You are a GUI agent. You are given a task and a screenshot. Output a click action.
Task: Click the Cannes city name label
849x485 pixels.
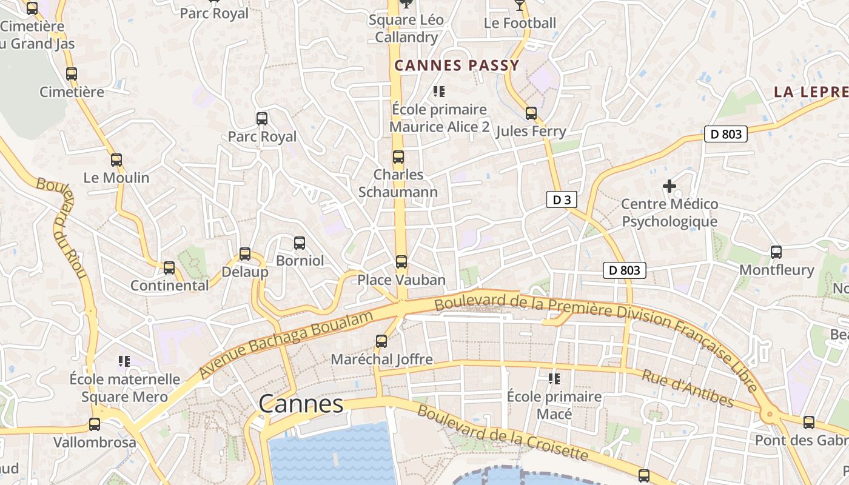pyautogui.click(x=301, y=404)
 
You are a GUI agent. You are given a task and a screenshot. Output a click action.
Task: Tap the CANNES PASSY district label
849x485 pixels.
pyautogui.click(x=457, y=65)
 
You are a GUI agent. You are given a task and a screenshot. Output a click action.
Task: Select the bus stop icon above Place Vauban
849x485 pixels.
pyautogui.click(x=401, y=262)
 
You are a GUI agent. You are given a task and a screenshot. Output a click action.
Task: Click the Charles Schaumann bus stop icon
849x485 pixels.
pyautogui.click(x=398, y=157)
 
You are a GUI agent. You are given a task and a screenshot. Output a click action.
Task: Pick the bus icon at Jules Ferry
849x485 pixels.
pyautogui.click(x=531, y=113)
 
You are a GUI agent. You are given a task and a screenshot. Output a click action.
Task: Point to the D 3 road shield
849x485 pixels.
pyautogui.click(x=562, y=199)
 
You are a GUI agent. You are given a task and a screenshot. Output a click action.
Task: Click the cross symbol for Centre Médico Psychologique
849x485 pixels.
pyautogui.click(x=669, y=186)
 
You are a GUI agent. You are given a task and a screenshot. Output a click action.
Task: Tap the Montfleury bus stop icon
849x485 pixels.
pyautogui.click(x=776, y=252)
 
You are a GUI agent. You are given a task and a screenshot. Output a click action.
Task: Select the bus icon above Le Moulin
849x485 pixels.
pyautogui.click(x=116, y=160)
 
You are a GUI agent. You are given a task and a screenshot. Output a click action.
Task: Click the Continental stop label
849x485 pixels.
pyautogui.click(x=170, y=285)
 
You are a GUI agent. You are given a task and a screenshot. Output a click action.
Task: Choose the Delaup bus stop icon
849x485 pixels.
pyautogui.click(x=244, y=254)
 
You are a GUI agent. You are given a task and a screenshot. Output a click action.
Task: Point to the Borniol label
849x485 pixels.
pyautogui.click(x=300, y=261)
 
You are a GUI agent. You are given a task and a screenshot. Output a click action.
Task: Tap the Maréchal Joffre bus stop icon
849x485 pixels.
pyautogui.click(x=381, y=341)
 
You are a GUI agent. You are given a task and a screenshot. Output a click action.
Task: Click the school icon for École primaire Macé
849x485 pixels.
pyautogui.click(x=554, y=379)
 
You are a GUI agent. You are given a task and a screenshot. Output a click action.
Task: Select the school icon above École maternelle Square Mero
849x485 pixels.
pyautogui.click(x=124, y=361)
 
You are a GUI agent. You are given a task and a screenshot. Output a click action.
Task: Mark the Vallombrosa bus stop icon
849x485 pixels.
pyautogui.click(x=95, y=424)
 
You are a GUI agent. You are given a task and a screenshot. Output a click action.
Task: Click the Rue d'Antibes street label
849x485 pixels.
pyautogui.click(x=688, y=389)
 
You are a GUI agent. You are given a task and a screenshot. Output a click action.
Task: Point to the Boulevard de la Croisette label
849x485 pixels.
pyautogui.click(x=503, y=433)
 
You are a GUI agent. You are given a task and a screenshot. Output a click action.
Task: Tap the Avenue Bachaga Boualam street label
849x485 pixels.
pyautogui.click(x=286, y=345)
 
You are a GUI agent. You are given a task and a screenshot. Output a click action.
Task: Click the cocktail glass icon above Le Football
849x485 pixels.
pyautogui.click(x=519, y=5)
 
